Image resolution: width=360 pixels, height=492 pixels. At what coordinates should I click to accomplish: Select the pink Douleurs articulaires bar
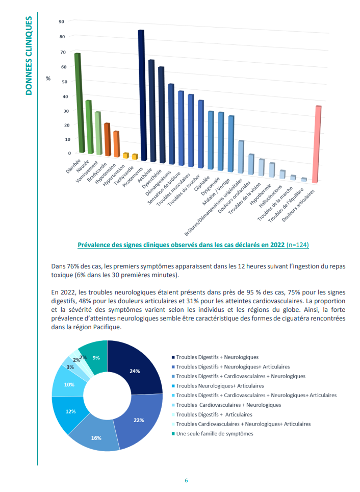pyautogui.click(x=317, y=144)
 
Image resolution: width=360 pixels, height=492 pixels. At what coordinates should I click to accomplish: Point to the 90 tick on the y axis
pyautogui.click(x=62, y=21)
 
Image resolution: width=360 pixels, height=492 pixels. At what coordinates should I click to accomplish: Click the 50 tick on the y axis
pyautogui.click(x=64, y=82)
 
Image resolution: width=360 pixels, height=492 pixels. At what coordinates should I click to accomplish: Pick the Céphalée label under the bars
pyautogui.click(x=201, y=184)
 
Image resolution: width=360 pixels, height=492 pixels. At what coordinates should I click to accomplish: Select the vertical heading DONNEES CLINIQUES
pyautogui.click(x=29, y=56)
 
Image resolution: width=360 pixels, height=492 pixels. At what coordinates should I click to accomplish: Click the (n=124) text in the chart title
pyautogui.click(x=298, y=245)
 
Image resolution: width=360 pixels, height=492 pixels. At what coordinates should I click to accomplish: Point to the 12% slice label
pyautogui.click(x=70, y=411)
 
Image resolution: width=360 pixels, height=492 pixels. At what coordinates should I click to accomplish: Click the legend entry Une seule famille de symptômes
pyautogui.click(x=212, y=434)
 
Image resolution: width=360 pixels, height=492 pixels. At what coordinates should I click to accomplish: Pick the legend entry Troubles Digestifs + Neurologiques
pyautogui.click(x=215, y=357)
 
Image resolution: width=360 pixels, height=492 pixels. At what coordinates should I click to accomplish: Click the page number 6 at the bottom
pyautogui.click(x=186, y=480)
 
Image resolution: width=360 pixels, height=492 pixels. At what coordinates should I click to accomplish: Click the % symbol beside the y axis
pyautogui.click(x=48, y=78)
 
